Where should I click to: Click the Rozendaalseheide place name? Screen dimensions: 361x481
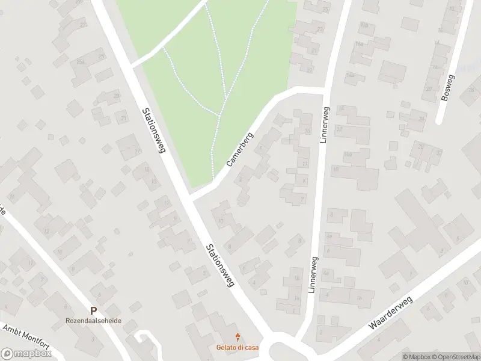point(93,321)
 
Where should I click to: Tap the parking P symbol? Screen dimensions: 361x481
point(93,310)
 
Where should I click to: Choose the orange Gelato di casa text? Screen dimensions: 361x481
point(238,347)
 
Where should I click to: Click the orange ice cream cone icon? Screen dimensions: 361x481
point(238,336)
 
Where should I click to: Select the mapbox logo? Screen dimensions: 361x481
point(26,354)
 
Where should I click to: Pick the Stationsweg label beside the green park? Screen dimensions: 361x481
point(153,130)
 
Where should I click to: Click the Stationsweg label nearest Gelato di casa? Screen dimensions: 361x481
point(219,265)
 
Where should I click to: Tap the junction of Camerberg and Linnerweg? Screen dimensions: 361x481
point(325,90)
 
